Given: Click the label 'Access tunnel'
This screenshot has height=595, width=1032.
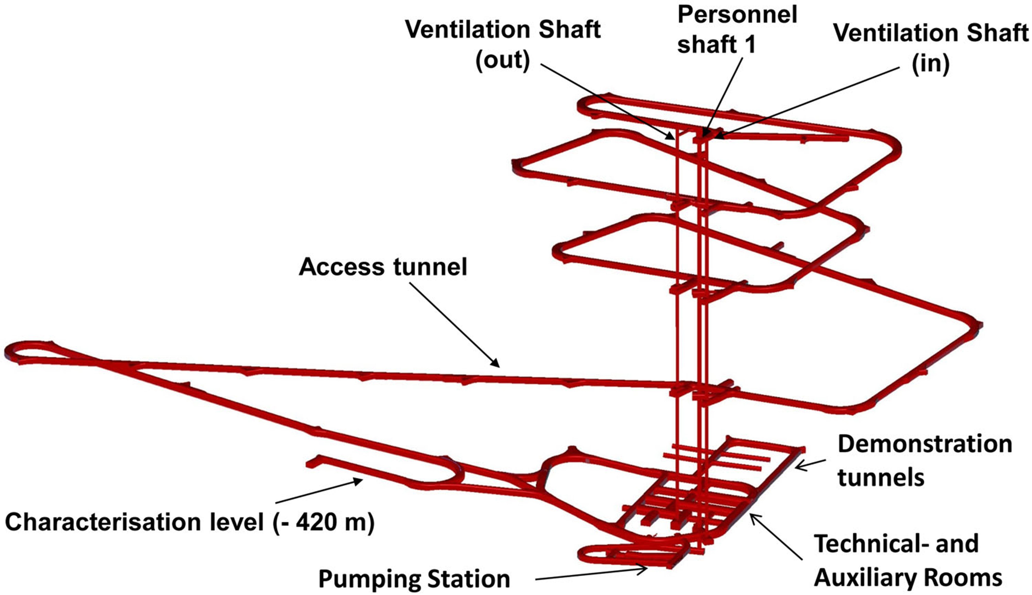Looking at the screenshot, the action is tap(383, 267).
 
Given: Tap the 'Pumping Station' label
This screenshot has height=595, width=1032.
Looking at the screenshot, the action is tap(414, 579).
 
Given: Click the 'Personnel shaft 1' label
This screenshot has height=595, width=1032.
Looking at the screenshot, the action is tap(737, 29).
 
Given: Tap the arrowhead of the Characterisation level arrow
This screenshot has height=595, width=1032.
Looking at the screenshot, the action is tap(359, 481).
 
